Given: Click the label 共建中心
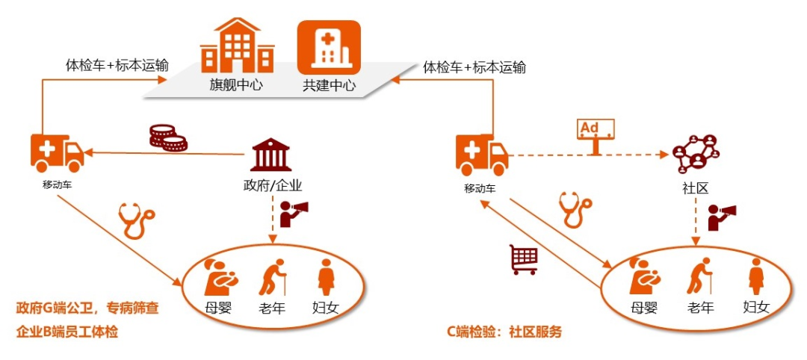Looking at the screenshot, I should (330, 85).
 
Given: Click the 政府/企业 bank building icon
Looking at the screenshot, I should (271, 155).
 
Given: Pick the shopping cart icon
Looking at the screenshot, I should (524, 259).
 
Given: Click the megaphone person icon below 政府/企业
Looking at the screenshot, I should (292, 214).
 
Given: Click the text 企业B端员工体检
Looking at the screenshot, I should (67, 332).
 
